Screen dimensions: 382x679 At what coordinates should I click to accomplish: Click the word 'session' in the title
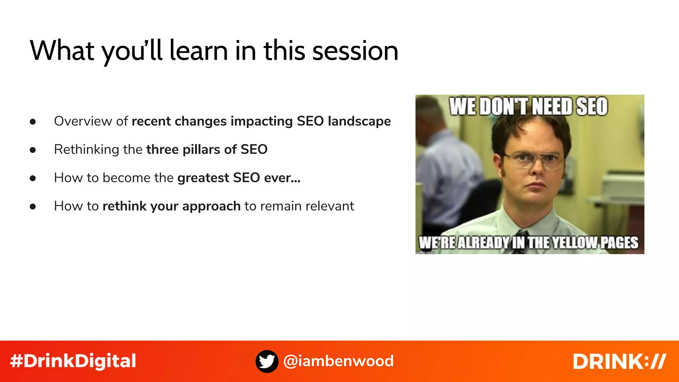click(x=355, y=51)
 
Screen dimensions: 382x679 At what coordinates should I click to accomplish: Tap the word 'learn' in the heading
click(x=198, y=51)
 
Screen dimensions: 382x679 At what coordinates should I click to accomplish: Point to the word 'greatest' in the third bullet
click(x=203, y=178)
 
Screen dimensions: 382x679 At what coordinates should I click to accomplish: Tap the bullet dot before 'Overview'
click(x=32, y=122)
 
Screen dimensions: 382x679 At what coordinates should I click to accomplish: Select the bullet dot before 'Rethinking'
click(x=32, y=150)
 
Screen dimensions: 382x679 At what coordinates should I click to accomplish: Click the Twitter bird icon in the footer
click(x=267, y=361)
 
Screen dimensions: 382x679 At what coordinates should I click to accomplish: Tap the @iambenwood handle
click(x=339, y=361)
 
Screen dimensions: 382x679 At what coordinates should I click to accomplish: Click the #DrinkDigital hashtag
click(x=73, y=361)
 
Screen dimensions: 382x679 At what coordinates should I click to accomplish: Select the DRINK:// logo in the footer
click(x=619, y=361)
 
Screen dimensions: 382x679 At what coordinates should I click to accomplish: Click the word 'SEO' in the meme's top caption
click(x=592, y=107)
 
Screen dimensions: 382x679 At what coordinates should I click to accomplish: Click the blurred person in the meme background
click(x=448, y=172)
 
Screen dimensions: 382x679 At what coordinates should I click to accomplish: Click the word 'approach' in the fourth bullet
click(x=211, y=206)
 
